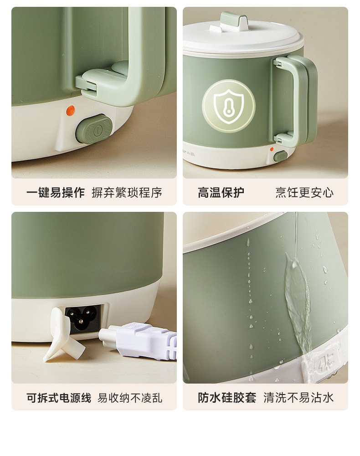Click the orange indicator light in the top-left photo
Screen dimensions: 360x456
tap(70, 110)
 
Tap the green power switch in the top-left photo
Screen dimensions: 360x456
tap(94, 129)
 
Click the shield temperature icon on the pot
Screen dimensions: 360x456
tap(228, 106)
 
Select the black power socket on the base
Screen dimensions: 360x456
tap(83, 318)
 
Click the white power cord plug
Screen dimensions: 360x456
tap(138, 339)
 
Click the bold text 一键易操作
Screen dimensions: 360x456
tap(55, 193)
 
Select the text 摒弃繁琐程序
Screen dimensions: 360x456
tap(127, 193)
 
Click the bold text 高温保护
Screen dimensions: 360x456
tap(221, 193)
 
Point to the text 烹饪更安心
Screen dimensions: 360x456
tap(304, 193)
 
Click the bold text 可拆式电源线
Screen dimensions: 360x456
tap(59, 398)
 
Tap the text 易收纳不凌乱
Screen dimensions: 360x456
tap(130, 398)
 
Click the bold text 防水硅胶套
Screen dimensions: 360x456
tap(227, 398)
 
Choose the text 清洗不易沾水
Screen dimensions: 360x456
tap(298, 398)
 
